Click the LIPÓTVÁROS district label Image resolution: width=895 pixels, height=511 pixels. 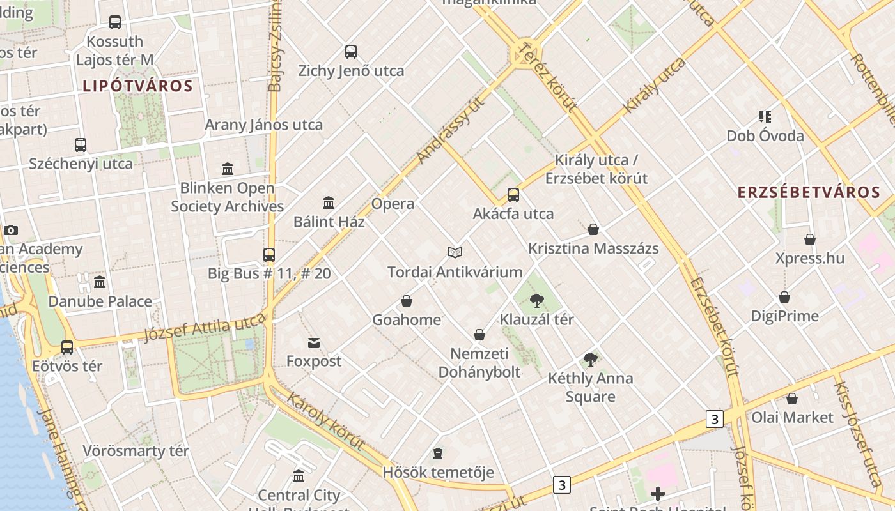pos(137,86)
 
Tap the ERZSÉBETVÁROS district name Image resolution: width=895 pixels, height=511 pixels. pos(809,192)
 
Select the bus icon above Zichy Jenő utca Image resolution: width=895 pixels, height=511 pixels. pos(351,52)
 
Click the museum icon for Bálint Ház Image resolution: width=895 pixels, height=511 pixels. pos(329,203)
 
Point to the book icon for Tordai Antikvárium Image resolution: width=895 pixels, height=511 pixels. pos(455,253)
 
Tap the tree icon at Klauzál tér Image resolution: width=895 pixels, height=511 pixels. pos(537,300)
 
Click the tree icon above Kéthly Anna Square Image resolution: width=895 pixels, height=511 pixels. pos(591,360)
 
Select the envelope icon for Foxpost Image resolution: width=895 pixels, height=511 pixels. pos(314,343)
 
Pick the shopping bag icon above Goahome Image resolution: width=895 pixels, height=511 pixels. pos(407,301)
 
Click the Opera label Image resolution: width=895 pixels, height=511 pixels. pos(393,204)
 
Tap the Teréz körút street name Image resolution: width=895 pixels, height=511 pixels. pos(547,77)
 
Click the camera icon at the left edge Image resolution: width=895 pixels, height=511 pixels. pos(11,231)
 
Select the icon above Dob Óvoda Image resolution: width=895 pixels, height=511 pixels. pos(765,117)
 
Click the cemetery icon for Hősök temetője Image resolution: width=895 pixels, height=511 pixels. pos(438,454)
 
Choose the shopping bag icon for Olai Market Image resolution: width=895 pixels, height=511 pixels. pos(792,399)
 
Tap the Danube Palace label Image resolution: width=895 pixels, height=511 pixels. pos(100,301)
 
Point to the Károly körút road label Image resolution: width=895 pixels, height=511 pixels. pos(325,422)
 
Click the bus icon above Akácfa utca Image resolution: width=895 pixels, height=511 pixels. pos(513,195)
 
